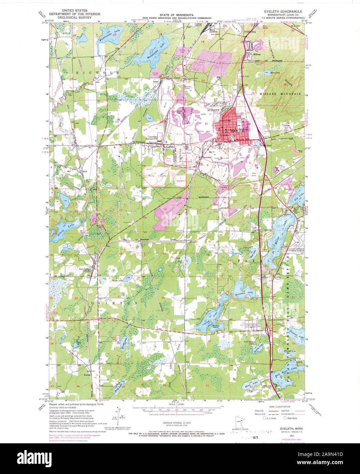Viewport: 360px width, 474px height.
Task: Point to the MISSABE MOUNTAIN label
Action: coord(279,93)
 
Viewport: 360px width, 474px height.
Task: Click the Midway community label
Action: coord(257,54)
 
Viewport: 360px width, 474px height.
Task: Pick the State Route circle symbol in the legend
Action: coord(285,418)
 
